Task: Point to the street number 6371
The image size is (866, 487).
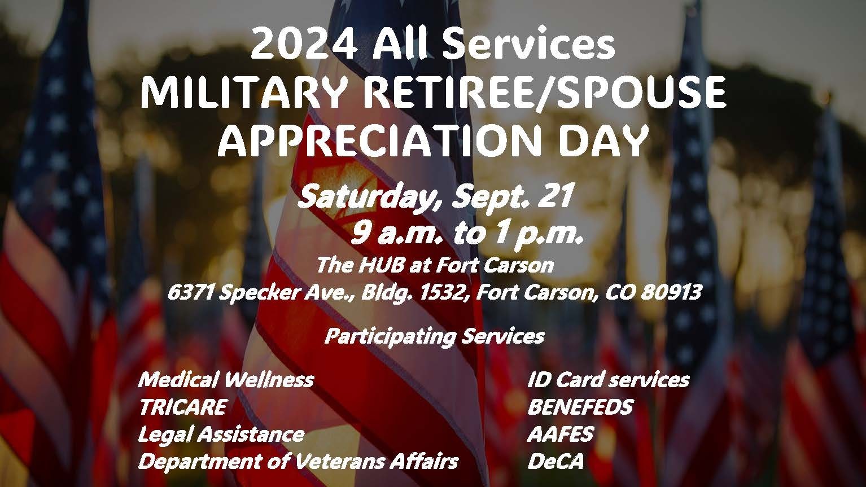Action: (191, 292)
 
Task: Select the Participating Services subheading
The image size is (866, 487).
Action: (435, 337)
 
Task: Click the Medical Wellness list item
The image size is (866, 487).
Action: (226, 380)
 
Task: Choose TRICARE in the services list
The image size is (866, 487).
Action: (183, 407)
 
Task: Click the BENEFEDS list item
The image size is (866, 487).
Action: (580, 407)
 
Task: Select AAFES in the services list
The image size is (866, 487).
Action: (560, 435)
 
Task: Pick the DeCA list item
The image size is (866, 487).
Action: (555, 462)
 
